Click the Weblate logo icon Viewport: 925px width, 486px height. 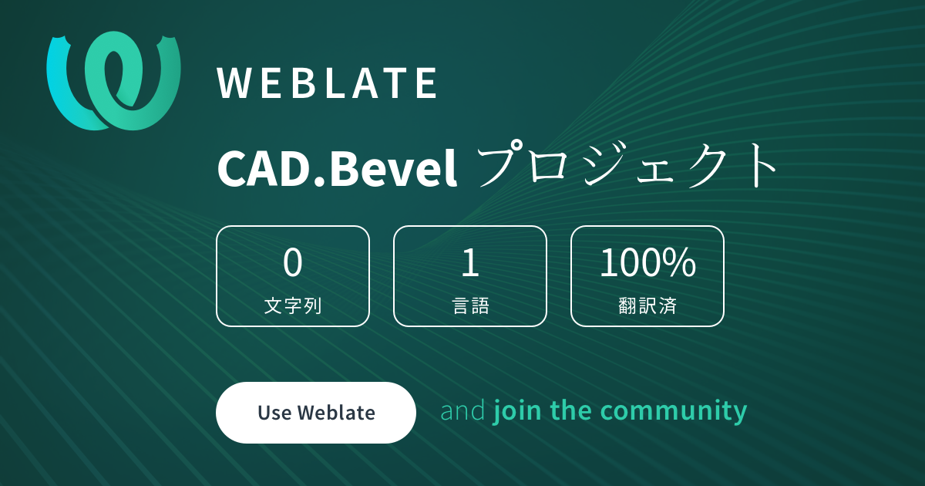(x=113, y=80)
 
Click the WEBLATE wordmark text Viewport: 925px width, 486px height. (x=328, y=83)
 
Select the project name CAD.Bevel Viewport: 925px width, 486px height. (x=337, y=168)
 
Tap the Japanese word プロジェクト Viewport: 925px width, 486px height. (x=627, y=164)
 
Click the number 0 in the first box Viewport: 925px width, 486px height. (x=293, y=262)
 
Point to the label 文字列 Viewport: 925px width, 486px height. (x=293, y=305)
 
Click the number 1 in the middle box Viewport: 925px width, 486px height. (x=470, y=262)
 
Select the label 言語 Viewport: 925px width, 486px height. (x=471, y=305)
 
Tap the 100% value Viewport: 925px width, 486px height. (x=647, y=262)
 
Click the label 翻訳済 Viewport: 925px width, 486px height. (x=647, y=305)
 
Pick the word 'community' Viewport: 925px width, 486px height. (x=674, y=412)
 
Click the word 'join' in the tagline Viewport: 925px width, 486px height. (x=517, y=412)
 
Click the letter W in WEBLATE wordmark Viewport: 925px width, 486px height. (x=234, y=83)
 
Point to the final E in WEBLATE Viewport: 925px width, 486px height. (x=426, y=83)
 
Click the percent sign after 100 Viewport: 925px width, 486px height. (x=681, y=262)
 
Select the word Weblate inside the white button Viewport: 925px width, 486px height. (x=336, y=413)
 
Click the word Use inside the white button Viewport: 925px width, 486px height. (x=274, y=413)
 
